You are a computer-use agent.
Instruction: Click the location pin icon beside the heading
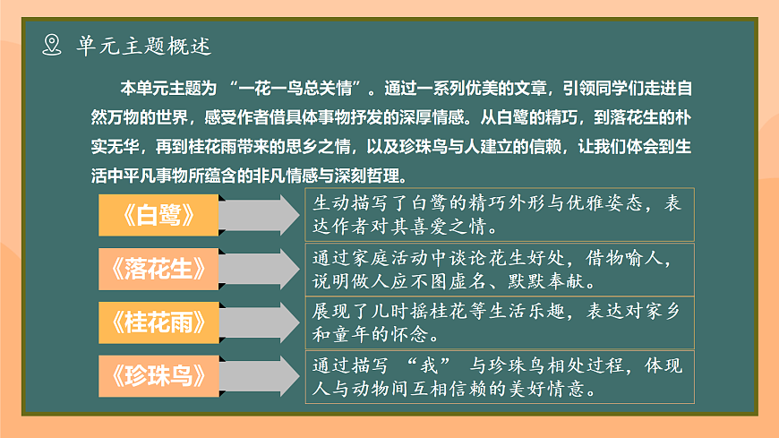(x=53, y=46)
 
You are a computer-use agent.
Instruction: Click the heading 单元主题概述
(x=144, y=46)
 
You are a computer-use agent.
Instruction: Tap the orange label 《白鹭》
(x=158, y=215)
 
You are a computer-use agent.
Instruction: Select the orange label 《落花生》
(x=158, y=269)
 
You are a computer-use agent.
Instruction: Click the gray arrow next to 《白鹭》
(x=257, y=215)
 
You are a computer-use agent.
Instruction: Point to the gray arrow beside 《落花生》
(x=257, y=269)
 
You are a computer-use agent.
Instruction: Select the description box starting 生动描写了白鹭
(x=499, y=213)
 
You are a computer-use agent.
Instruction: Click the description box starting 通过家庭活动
(x=499, y=269)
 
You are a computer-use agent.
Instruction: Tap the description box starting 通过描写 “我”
(x=499, y=378)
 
